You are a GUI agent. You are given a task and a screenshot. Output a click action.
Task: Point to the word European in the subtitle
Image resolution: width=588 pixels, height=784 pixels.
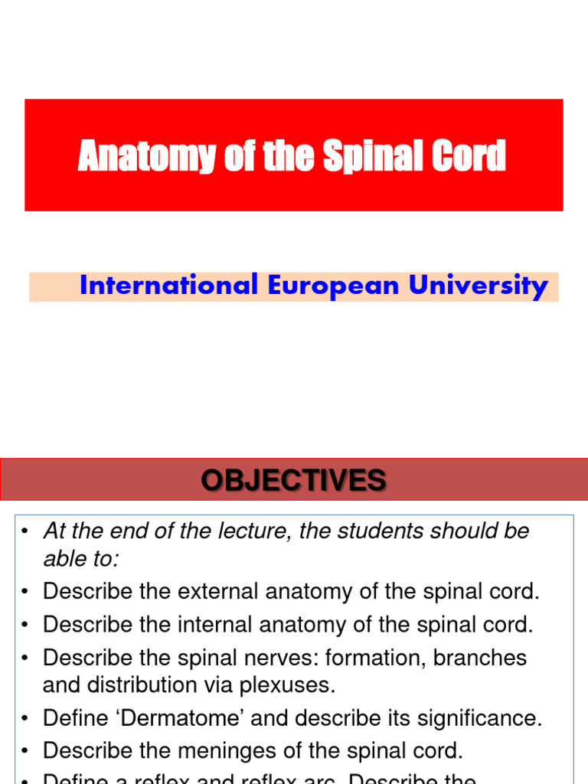[x=333, y=286]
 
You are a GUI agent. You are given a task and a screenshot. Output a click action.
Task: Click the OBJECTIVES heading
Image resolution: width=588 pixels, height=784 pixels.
[x=294, y=480]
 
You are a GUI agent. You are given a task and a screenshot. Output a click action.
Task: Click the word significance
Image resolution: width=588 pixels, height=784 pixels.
[x=475, y=718]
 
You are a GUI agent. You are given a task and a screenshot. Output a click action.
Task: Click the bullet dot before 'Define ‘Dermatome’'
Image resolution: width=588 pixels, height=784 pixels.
[x=25, y=719]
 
